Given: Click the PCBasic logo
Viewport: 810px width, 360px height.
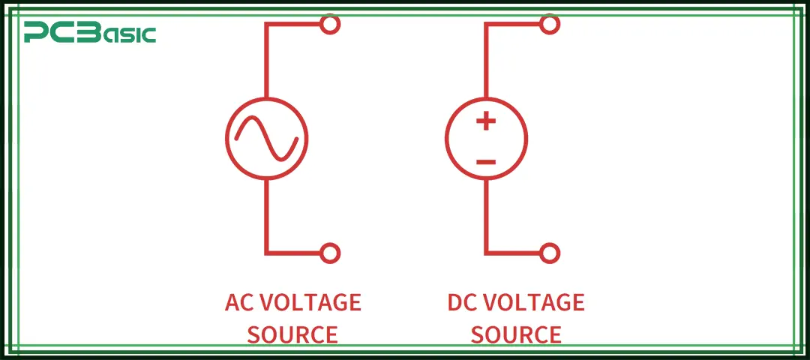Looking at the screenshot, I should (90, 32).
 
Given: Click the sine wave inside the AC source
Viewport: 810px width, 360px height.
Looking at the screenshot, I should (267, 139).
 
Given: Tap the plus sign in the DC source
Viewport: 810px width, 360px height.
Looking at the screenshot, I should (486, 120).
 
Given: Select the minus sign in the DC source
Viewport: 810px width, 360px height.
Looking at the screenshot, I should (486, 161).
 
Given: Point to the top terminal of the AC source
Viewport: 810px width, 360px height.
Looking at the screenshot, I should (330, 24).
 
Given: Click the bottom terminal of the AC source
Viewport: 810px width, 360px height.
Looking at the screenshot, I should (330, 253).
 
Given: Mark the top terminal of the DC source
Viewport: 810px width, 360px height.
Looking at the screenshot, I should (550, 24).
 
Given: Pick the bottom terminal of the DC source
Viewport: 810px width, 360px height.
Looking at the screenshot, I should (550, 253).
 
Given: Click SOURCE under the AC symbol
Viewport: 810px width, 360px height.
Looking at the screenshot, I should (292, 334).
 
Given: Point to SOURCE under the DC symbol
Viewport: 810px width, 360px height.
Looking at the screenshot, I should (516, 334).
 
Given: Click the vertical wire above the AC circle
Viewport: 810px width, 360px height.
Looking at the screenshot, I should (266, 64).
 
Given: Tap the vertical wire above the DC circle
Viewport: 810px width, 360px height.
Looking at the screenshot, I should (486, 64).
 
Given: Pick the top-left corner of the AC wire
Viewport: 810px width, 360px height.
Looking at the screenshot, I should (266, 24).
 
